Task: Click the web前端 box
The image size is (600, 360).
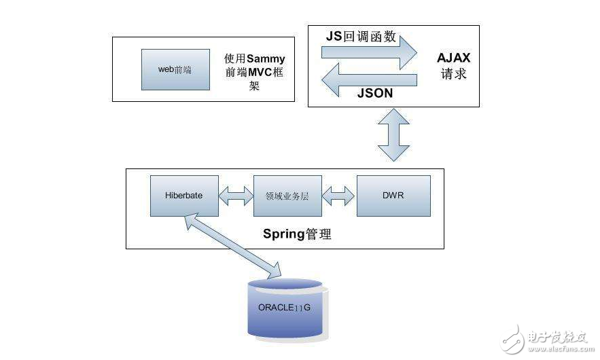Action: (175, 69)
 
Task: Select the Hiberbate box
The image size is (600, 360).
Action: (185, 196)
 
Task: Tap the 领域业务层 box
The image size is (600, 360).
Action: (287, 196)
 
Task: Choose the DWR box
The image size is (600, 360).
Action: (393, 196)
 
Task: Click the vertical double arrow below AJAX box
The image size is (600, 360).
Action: (393, 136)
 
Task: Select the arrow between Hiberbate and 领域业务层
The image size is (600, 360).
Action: (236, 196)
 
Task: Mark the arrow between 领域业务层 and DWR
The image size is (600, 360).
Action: (339, 196)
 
